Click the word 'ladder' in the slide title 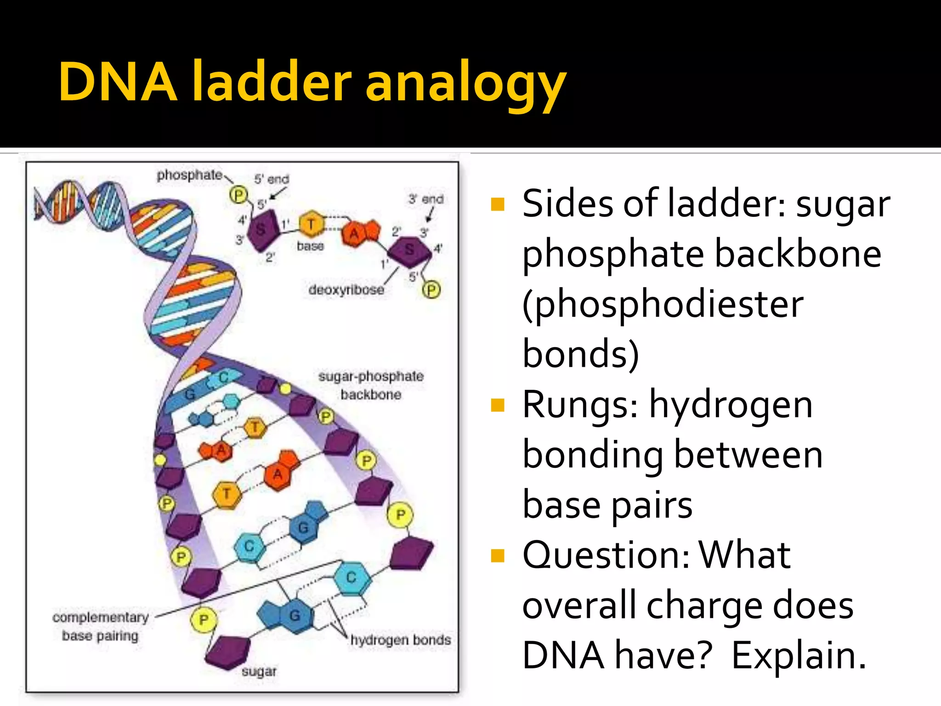click(272, 82)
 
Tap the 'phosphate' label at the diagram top click(190, 175)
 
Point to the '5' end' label click(272, 179)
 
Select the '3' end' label click(426, 199)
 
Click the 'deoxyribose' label click(346, 290)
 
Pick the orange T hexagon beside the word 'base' click(312, 224)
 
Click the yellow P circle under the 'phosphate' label click(238, 195)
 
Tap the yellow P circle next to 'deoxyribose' click(431, 290)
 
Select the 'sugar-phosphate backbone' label click(371, 385)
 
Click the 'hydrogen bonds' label click(400, 640)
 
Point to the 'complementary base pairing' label click(100, 626)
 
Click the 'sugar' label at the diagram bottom click(259, 672)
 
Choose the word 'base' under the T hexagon click(310, 246)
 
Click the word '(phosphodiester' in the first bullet click(663, 304)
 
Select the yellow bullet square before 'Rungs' click(498, 405)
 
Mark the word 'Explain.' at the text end click(799, 655)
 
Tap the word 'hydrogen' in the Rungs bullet click(731, 405)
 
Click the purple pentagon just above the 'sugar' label click(227, 652)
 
